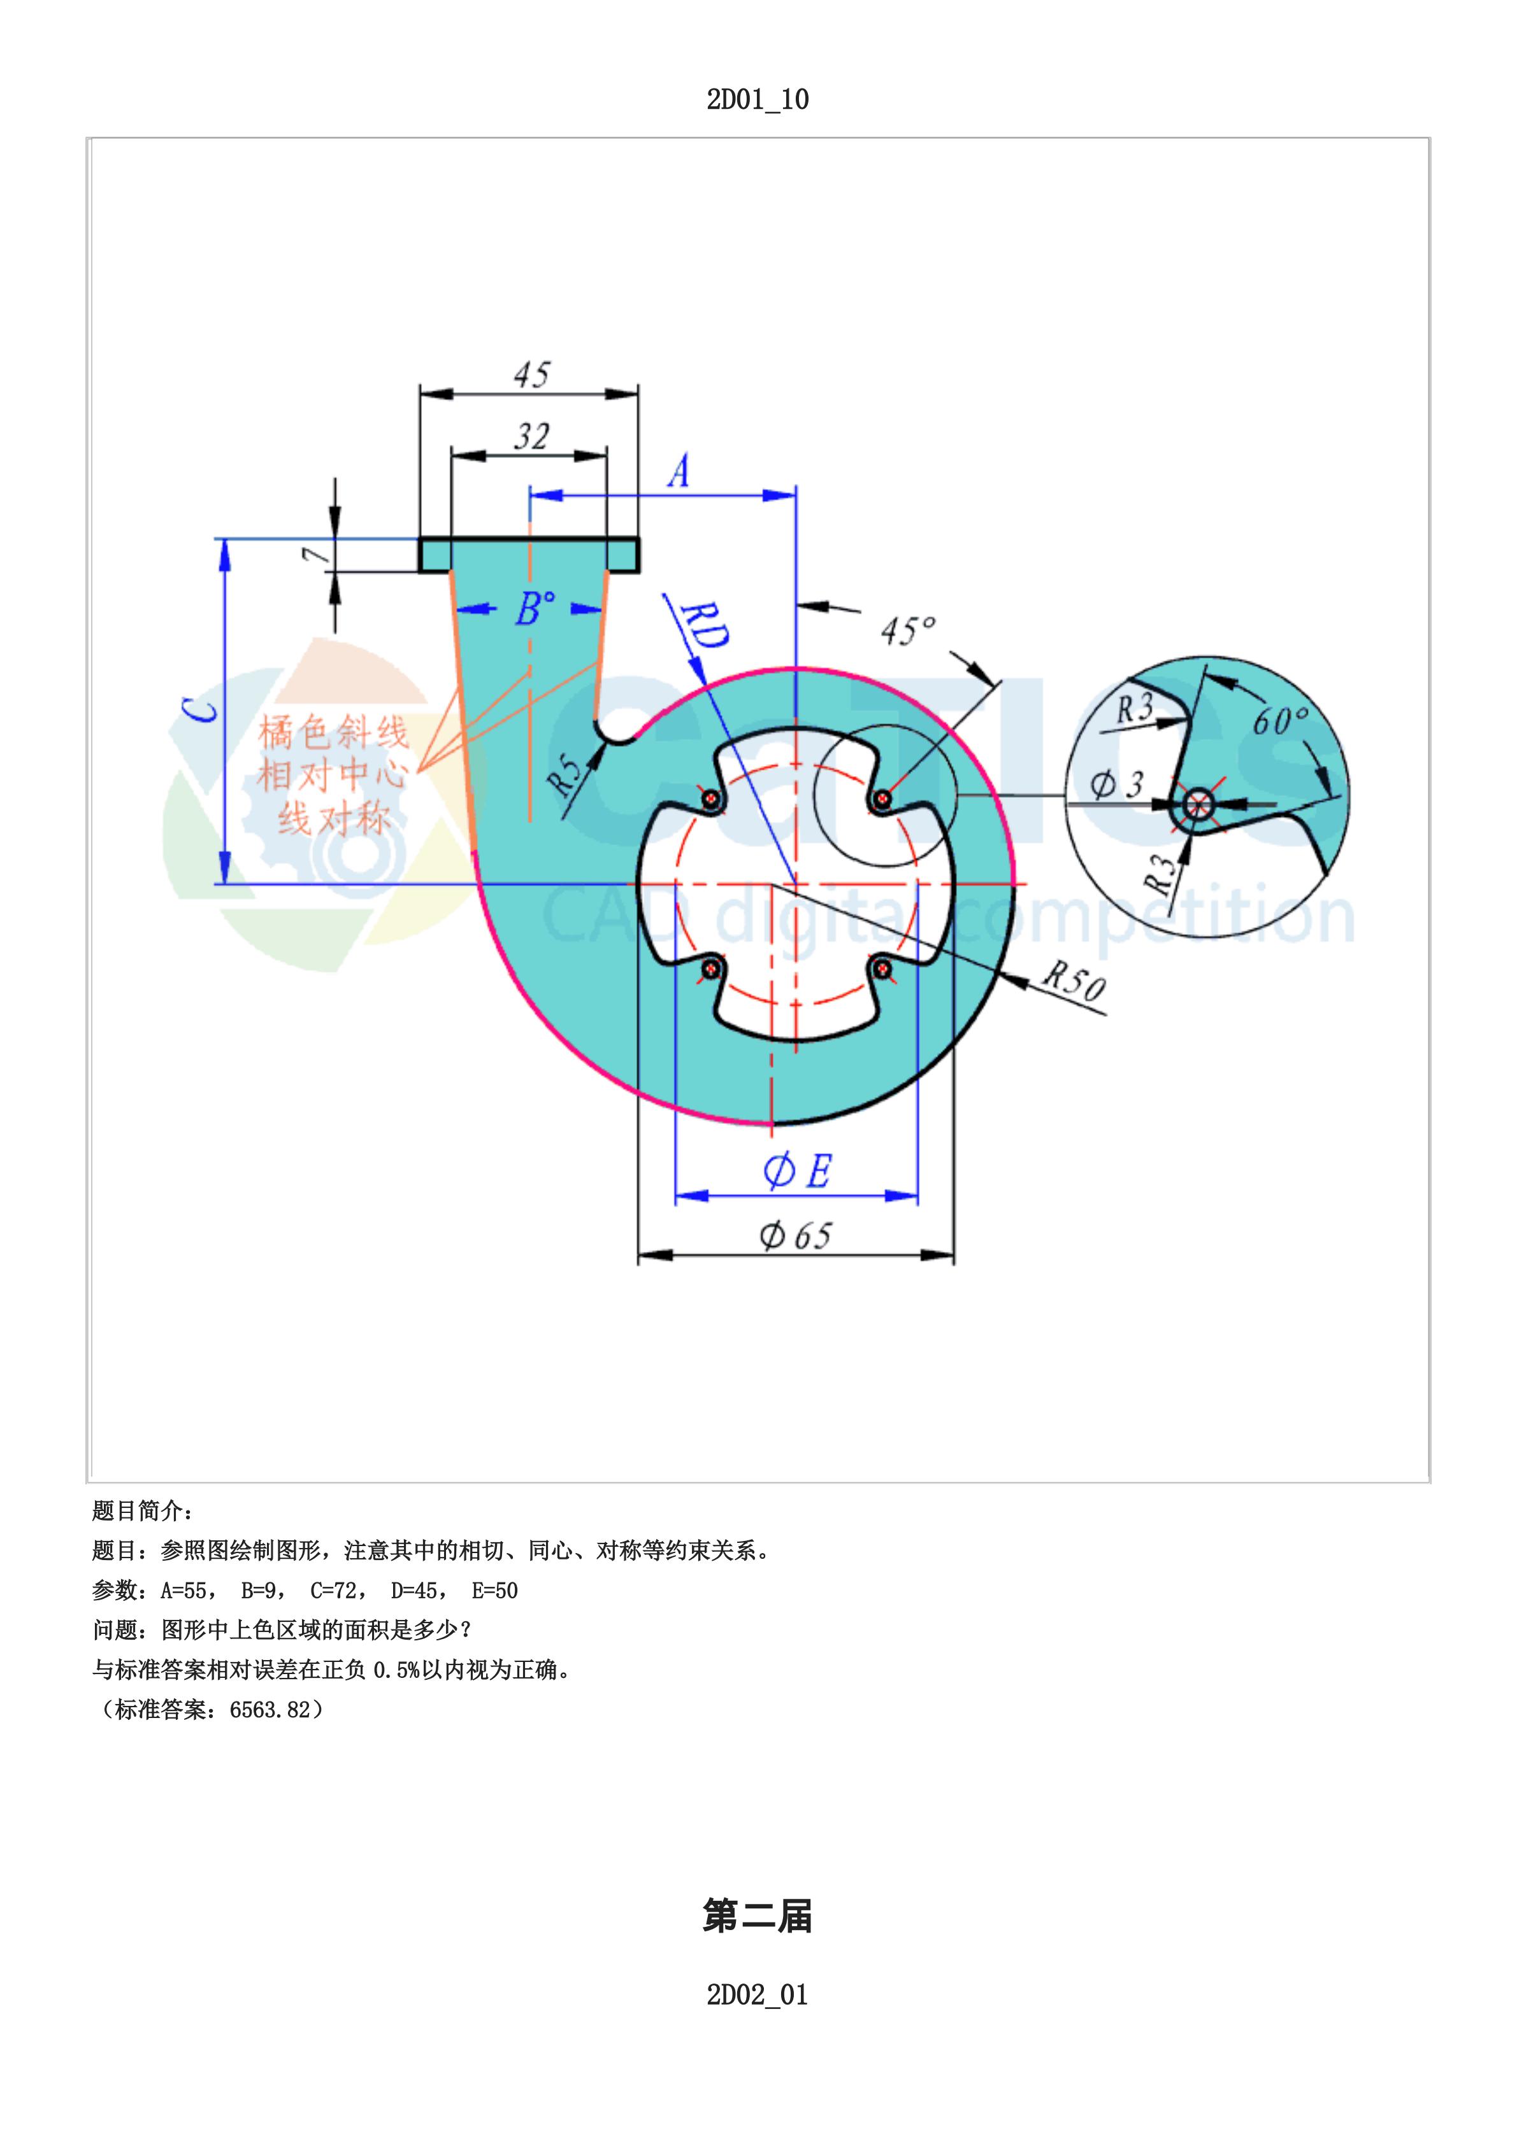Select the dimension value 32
tap(531, 436)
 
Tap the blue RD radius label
tap(705, 627)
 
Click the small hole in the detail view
tap(1198, 803)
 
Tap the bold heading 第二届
tap(758, 1916)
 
